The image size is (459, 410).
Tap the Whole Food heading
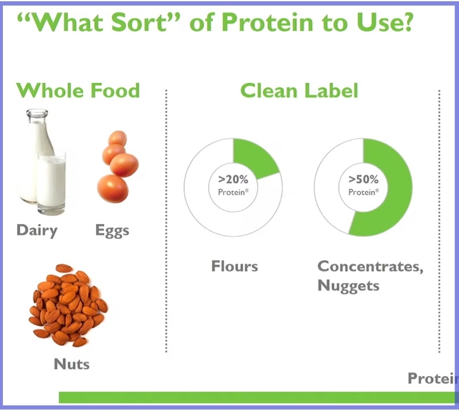pos(78,90)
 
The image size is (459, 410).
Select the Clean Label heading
pos(299,90)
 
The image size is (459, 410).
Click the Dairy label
pos(37,230)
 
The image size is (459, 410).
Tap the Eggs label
pos(112,230)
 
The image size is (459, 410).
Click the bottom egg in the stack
pos(113,188)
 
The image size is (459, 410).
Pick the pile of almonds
pos(67,305)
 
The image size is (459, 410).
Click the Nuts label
pos(72,364)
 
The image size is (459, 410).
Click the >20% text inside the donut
pos(233,179)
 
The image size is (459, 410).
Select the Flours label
pos(234,267)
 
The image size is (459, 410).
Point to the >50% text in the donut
pos(364,179)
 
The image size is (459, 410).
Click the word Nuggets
pos(348,285)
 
